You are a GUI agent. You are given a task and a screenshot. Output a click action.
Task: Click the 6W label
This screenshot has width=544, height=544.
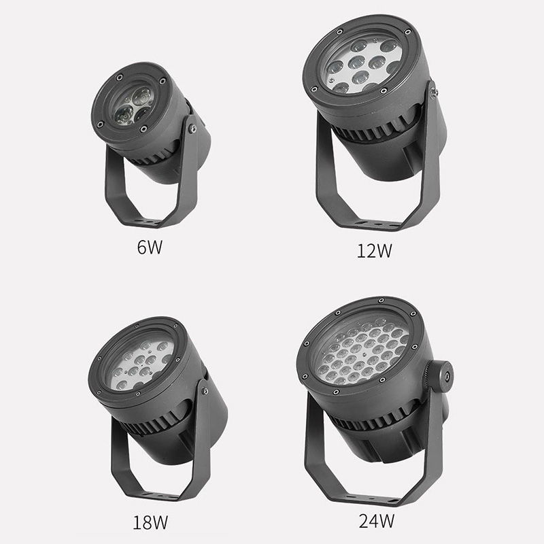point(150,247)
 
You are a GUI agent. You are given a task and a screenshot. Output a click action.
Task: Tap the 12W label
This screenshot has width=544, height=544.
point(375,250)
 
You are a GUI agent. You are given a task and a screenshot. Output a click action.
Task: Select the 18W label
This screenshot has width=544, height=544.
point(150,522)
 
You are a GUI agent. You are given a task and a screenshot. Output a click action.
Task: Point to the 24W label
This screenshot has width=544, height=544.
point(377,520)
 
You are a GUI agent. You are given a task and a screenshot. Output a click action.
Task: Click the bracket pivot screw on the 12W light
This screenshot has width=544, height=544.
point(432,92)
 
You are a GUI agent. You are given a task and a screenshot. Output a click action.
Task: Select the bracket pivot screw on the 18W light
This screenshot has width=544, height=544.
point(205,392)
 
